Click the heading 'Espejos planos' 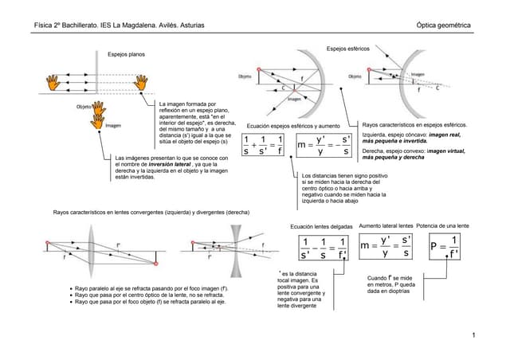click(x=126, y=54)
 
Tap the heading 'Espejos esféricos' click(x=348, y=49)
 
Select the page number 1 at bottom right click(x=473, y=335)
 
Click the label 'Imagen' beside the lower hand click(x=113, y=126)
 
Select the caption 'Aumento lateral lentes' click(x=386, y=226)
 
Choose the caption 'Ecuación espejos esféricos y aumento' click(x=293, y=127)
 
